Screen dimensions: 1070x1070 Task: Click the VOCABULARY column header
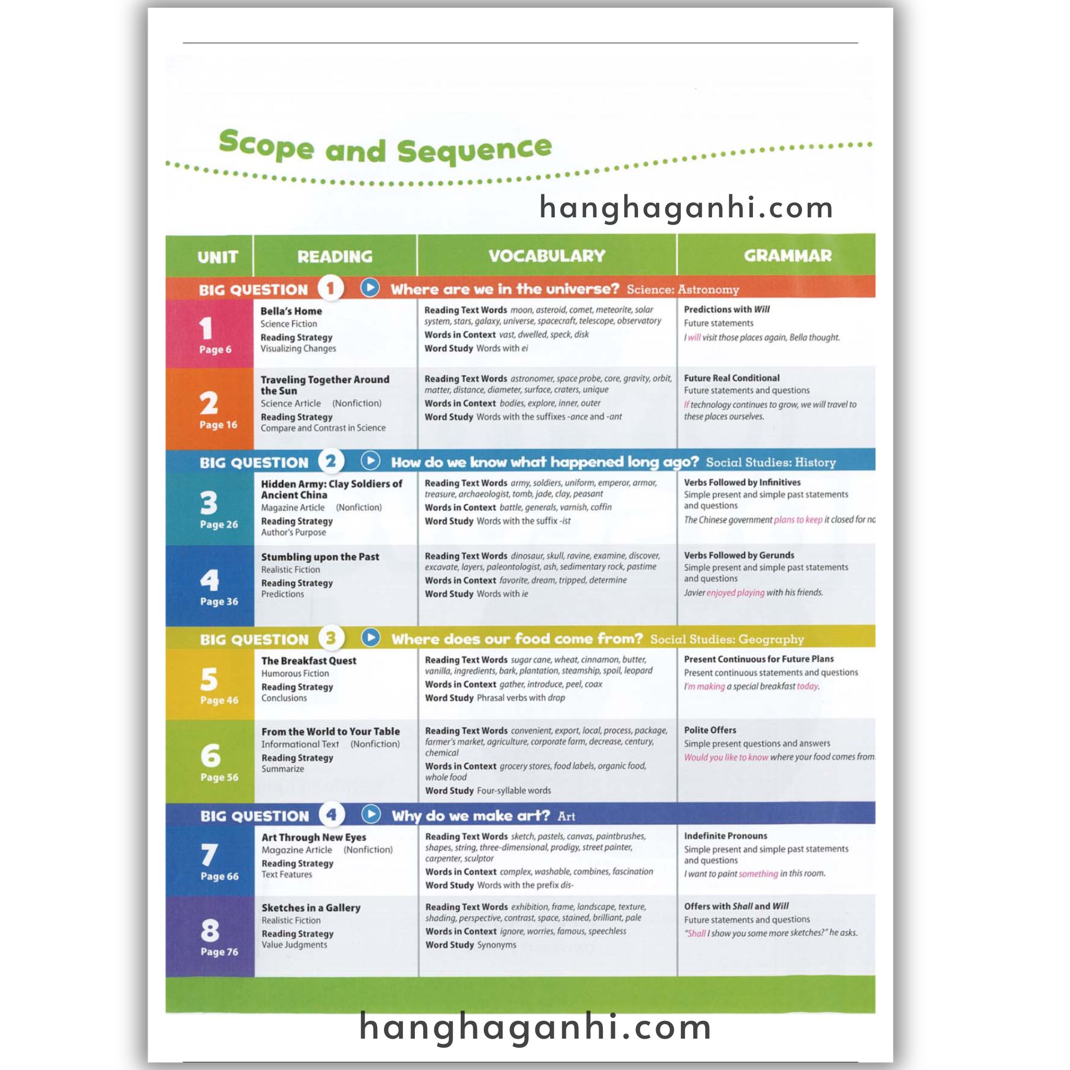(546, 256)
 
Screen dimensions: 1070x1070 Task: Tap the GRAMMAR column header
(787, 256)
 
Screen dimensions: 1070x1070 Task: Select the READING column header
(334, 257)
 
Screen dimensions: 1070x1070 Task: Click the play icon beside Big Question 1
(370, 288)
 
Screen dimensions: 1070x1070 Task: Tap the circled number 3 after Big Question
(331, 638)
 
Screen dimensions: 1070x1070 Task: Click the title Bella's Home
(291, 311)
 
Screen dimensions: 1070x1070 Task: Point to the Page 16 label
(218, 425)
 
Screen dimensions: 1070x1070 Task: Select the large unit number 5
(209, 679)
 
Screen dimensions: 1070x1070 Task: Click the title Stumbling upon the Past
(320, 557)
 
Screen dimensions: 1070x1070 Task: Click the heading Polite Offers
(710, 730)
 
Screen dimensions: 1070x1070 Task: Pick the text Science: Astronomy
(682, 289)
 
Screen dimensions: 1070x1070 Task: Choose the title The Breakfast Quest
(308, 661)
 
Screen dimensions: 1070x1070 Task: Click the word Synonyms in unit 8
(496, 945)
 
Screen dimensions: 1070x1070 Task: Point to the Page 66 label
(219, 876)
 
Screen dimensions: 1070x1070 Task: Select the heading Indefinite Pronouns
(726, 836)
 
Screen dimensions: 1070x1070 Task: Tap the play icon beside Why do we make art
(371, 815)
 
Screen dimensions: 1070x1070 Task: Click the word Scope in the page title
(266, 145)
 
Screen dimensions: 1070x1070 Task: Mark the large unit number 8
(210, 931)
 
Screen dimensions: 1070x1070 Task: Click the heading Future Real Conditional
(731, 378)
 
